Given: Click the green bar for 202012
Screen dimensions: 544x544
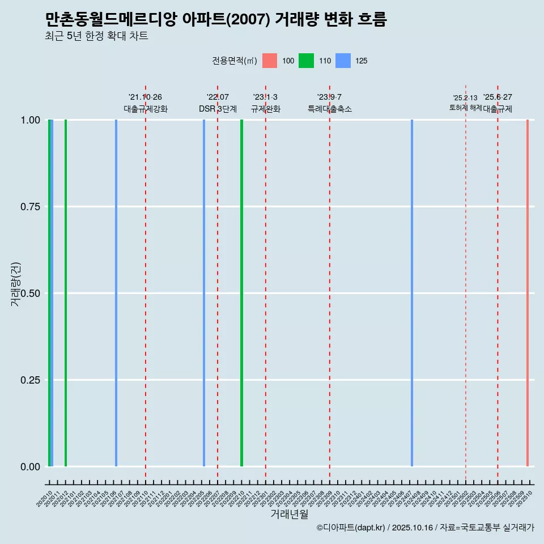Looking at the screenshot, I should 66,293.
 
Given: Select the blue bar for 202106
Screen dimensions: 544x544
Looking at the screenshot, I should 116,293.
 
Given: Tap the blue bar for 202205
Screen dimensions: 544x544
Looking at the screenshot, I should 204,293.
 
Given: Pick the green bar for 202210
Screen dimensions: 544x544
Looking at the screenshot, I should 241,293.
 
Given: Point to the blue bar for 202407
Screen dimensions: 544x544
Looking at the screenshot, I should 412,293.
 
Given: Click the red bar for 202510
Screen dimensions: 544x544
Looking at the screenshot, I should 528,293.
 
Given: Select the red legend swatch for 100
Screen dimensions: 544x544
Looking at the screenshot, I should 270,61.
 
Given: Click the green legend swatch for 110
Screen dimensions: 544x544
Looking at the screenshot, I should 306,61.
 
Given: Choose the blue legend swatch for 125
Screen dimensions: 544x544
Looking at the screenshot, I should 343,61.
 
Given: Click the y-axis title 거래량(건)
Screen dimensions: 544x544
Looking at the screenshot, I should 15,284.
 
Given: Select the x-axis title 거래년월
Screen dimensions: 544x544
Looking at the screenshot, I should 290,515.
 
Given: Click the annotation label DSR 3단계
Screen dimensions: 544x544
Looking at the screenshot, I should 218,109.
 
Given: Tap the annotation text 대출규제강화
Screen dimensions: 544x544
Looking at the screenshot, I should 146,109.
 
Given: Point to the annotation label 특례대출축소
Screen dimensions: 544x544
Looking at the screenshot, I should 330,109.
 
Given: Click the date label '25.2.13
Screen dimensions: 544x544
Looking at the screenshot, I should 465,98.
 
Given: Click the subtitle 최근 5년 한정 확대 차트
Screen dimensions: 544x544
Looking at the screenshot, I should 96,36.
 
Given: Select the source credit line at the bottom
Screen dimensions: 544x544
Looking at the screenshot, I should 425,528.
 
